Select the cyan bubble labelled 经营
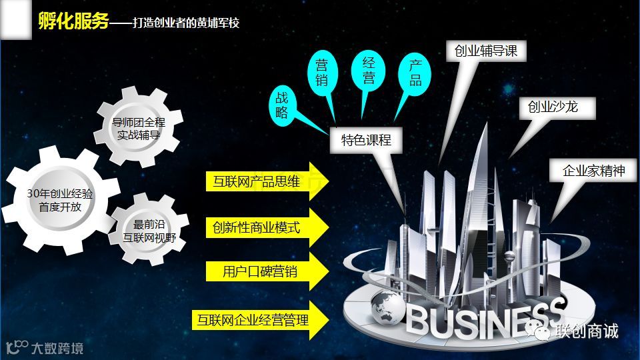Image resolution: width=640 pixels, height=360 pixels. (x=369, y=70)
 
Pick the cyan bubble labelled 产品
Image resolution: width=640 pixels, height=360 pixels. (x=415, y=74)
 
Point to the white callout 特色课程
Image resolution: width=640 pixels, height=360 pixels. (x=366, y=140)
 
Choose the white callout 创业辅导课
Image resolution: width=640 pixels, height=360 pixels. (x=486, y=51)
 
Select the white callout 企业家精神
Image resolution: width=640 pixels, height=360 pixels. (x=594, y=171)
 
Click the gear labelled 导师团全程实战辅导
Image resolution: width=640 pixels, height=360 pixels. (x=139, y=128)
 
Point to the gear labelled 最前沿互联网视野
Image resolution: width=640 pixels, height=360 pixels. (x=147, y=229)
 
